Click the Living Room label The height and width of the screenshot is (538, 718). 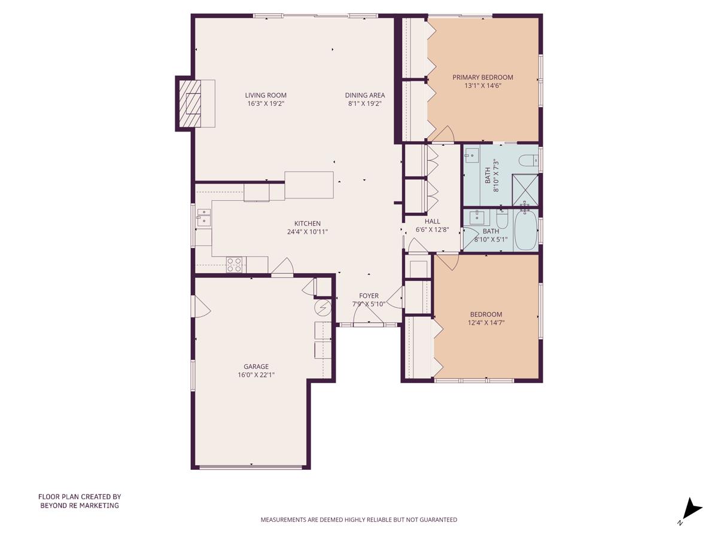click(x=266, y=95)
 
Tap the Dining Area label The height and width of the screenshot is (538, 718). click(x=365, y=95)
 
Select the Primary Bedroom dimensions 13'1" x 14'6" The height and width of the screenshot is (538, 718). click(x=482, y=85)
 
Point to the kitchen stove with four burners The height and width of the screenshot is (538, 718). click(x=235, y=264)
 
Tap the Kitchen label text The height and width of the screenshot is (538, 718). click(x=307, y=224)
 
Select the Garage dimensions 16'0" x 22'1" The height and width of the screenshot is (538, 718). click(x=255, y=375)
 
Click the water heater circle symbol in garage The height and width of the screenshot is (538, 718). click(x=323, y=308)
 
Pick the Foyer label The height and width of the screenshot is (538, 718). click(x=369, y=296)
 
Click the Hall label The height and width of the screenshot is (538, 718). click(x=432, y=221)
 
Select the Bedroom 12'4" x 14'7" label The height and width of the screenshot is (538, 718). click(x=486, y=314)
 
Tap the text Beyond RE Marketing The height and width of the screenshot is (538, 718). click(x=80, y=505)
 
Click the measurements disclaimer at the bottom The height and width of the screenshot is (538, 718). click(x=358, y=519)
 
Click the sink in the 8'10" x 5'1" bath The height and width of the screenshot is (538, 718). click(x=476, y=216)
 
